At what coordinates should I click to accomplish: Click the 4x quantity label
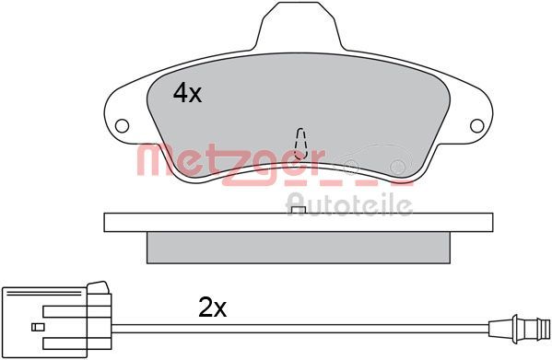tap(187, 93)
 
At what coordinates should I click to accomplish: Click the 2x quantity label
tap(213, 308)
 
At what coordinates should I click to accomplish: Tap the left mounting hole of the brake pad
tap(122, 126)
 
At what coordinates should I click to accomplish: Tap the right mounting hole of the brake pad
tap(477, 126)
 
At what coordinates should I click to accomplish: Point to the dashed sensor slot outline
tap(300, 144)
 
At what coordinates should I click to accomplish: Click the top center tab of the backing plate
tap(298, 25)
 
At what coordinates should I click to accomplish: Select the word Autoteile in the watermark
tap(349, 203)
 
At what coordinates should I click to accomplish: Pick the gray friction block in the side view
tap(299, 248)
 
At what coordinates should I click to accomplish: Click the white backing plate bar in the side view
tap(299, 222)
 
